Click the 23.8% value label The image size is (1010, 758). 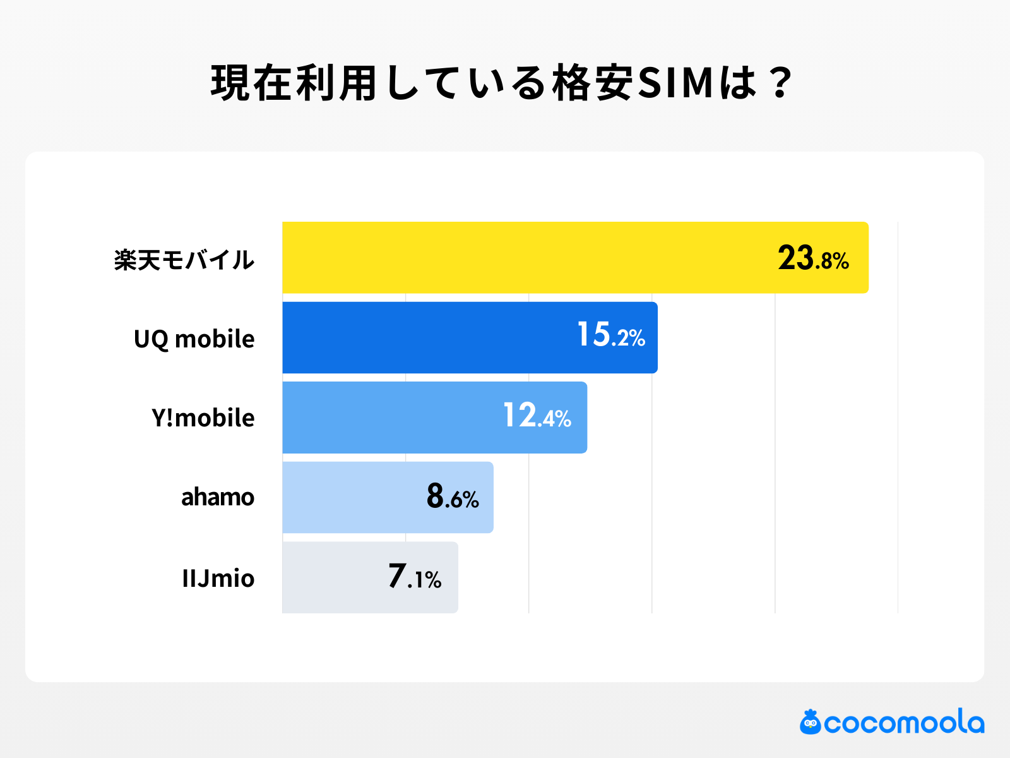[813, 258]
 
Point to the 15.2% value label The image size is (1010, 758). [611, 335]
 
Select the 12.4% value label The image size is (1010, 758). [537, 416]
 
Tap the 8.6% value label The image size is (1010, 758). [453, 496]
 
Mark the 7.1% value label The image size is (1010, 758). [415, 577]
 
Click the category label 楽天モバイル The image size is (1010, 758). [184, 260]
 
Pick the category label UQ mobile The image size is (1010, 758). [194, 339]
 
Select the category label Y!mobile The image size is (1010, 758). [203, 418]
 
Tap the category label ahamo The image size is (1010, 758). [217, 498]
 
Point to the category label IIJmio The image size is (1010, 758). [218, 578]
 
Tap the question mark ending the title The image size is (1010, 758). [781, 83]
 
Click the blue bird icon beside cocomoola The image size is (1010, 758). [811, 722]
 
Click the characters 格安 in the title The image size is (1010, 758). [593, 83]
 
